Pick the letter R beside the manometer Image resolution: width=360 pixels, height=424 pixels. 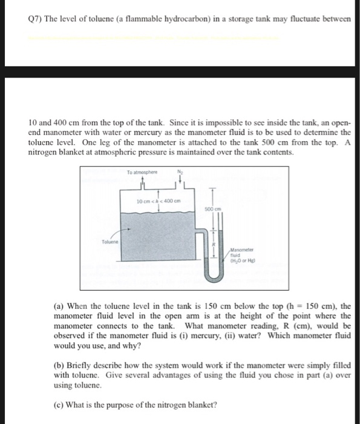pos(213,245)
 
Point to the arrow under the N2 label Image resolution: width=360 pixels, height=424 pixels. pos(180,182)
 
